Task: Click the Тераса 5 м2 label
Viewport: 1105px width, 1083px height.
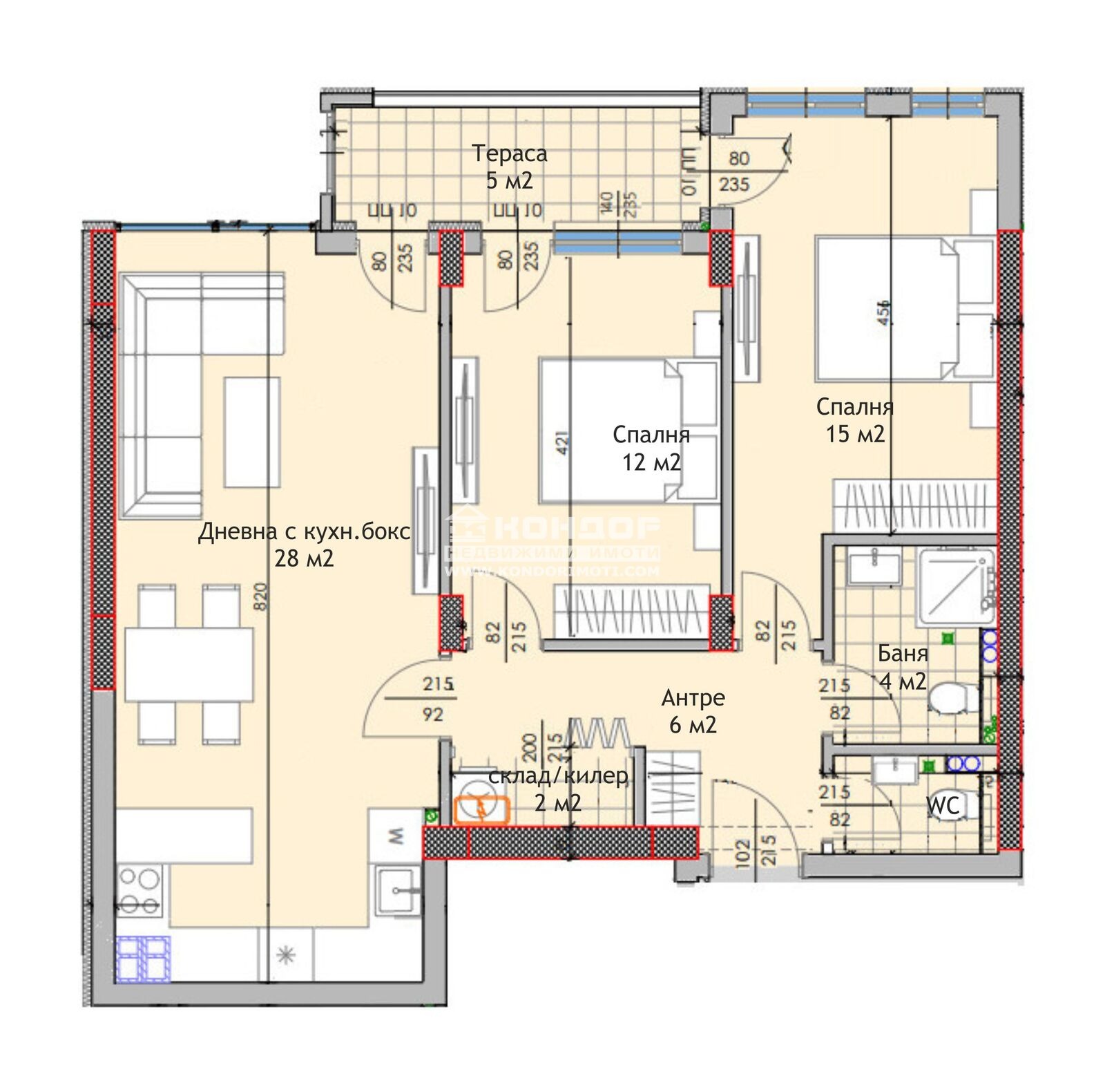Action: click(x=509, y=167)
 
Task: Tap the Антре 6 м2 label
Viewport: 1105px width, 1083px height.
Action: click(x=693, y=710)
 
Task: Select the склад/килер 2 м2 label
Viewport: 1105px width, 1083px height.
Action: click(x=558, y=789)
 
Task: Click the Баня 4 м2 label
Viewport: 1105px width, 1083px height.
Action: click(x=903, y=667)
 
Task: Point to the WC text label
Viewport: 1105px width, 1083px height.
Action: click(x=943, y=805)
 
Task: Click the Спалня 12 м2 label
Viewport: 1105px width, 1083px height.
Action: click(x=651, y=448)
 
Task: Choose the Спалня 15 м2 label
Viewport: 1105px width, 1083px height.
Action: click(x=855, y=420)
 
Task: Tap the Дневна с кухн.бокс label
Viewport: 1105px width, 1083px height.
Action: click(x=304, y=531)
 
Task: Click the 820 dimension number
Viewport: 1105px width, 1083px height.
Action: click(x=260, y=596)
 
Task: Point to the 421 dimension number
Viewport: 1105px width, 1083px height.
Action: click(x=562, y=442)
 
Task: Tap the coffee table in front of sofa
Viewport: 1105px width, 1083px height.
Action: click(x=252, y=432)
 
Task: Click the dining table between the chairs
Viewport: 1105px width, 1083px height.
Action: click(x=189, y=664)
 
